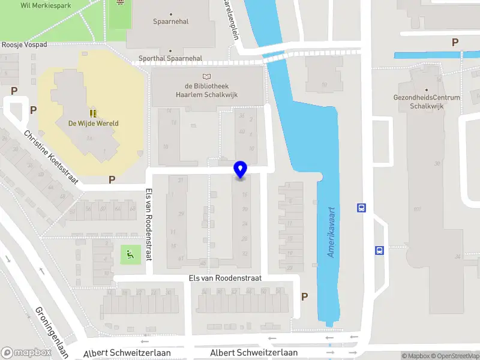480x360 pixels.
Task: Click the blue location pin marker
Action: pos(241,169)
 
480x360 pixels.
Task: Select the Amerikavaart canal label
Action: pos(331,233)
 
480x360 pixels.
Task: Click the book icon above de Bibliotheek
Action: pos(207,76)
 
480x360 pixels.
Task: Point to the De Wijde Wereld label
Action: pos(93,124)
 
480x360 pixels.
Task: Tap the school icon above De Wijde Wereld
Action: pos(93,113)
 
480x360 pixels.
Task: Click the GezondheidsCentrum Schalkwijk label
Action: pos(426,101)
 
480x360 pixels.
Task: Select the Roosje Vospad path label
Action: pos(25,45)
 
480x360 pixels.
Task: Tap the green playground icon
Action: pos(128,255)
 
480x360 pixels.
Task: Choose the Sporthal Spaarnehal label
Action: pos(170,59)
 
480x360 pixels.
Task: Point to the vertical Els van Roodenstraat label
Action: pos(149,224)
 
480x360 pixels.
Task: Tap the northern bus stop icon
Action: pos(362,208)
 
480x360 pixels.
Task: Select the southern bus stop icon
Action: pos(379,250)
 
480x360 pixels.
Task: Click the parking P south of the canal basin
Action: pos(304,296)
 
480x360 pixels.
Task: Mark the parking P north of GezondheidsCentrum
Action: pos(455,42)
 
